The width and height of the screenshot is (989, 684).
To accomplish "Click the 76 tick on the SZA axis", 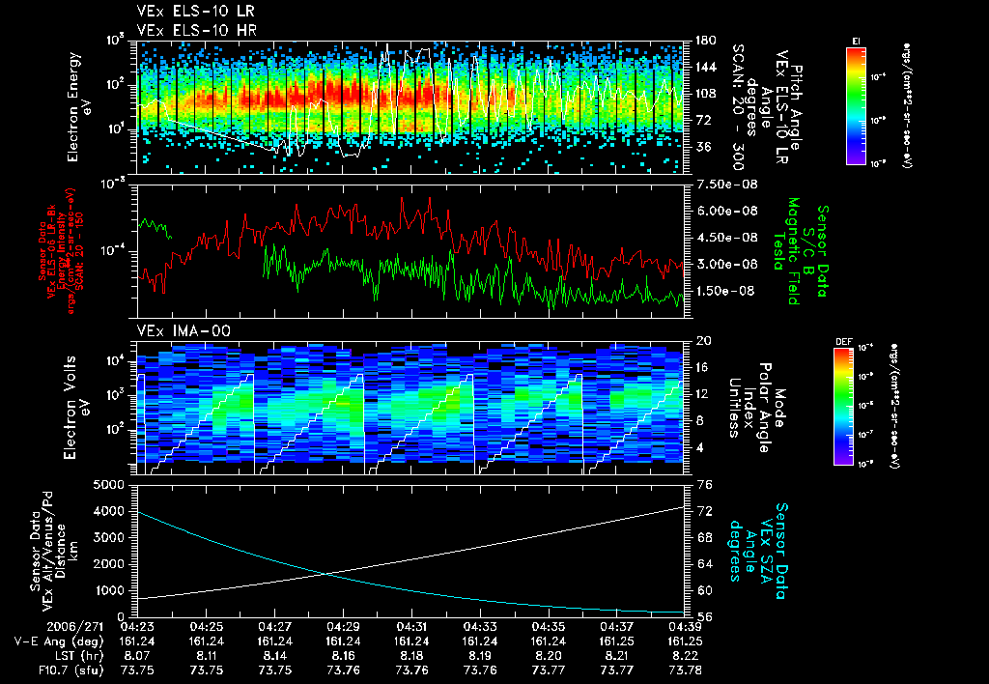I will pyautogui.click(x=704, y=484).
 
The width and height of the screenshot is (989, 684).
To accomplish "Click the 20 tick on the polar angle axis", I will pyautogui.click(x=704, y=341).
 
